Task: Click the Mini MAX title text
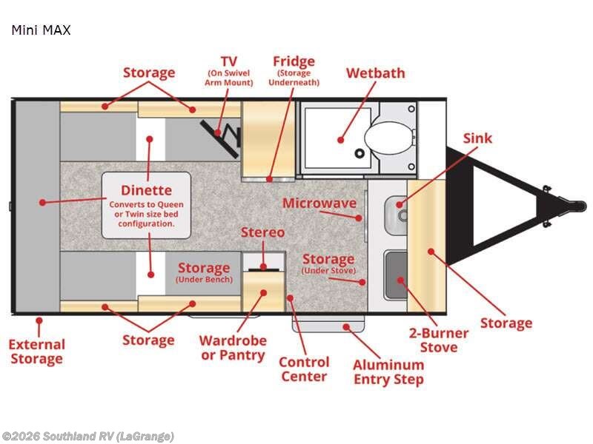click(x=41, y=31)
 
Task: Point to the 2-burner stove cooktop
click(x=397, y=275)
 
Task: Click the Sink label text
click(x=477, y=138)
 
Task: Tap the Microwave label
click(x=319, y=203)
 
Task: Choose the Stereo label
click(x=262, y=232)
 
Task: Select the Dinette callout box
click(x=146, y=205)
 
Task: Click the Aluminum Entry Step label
click(x=388, y=372)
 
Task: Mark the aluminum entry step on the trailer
click(x=330, y=325)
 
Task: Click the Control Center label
click(x=304, y=369)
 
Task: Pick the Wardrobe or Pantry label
click(x=232, y=348)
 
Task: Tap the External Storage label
click(x=36, y=351)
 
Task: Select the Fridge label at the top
click(x=294, y=61)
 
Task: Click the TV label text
click(x=228, y=60)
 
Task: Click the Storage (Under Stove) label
click(x=328, y=263)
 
